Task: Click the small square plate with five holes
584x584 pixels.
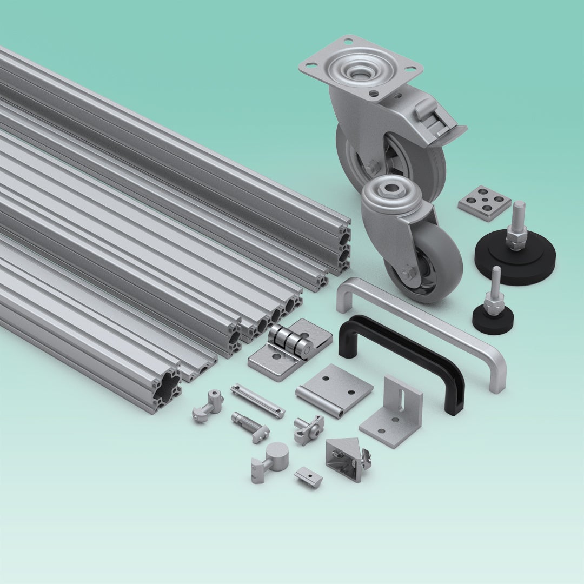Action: [485, 203]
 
